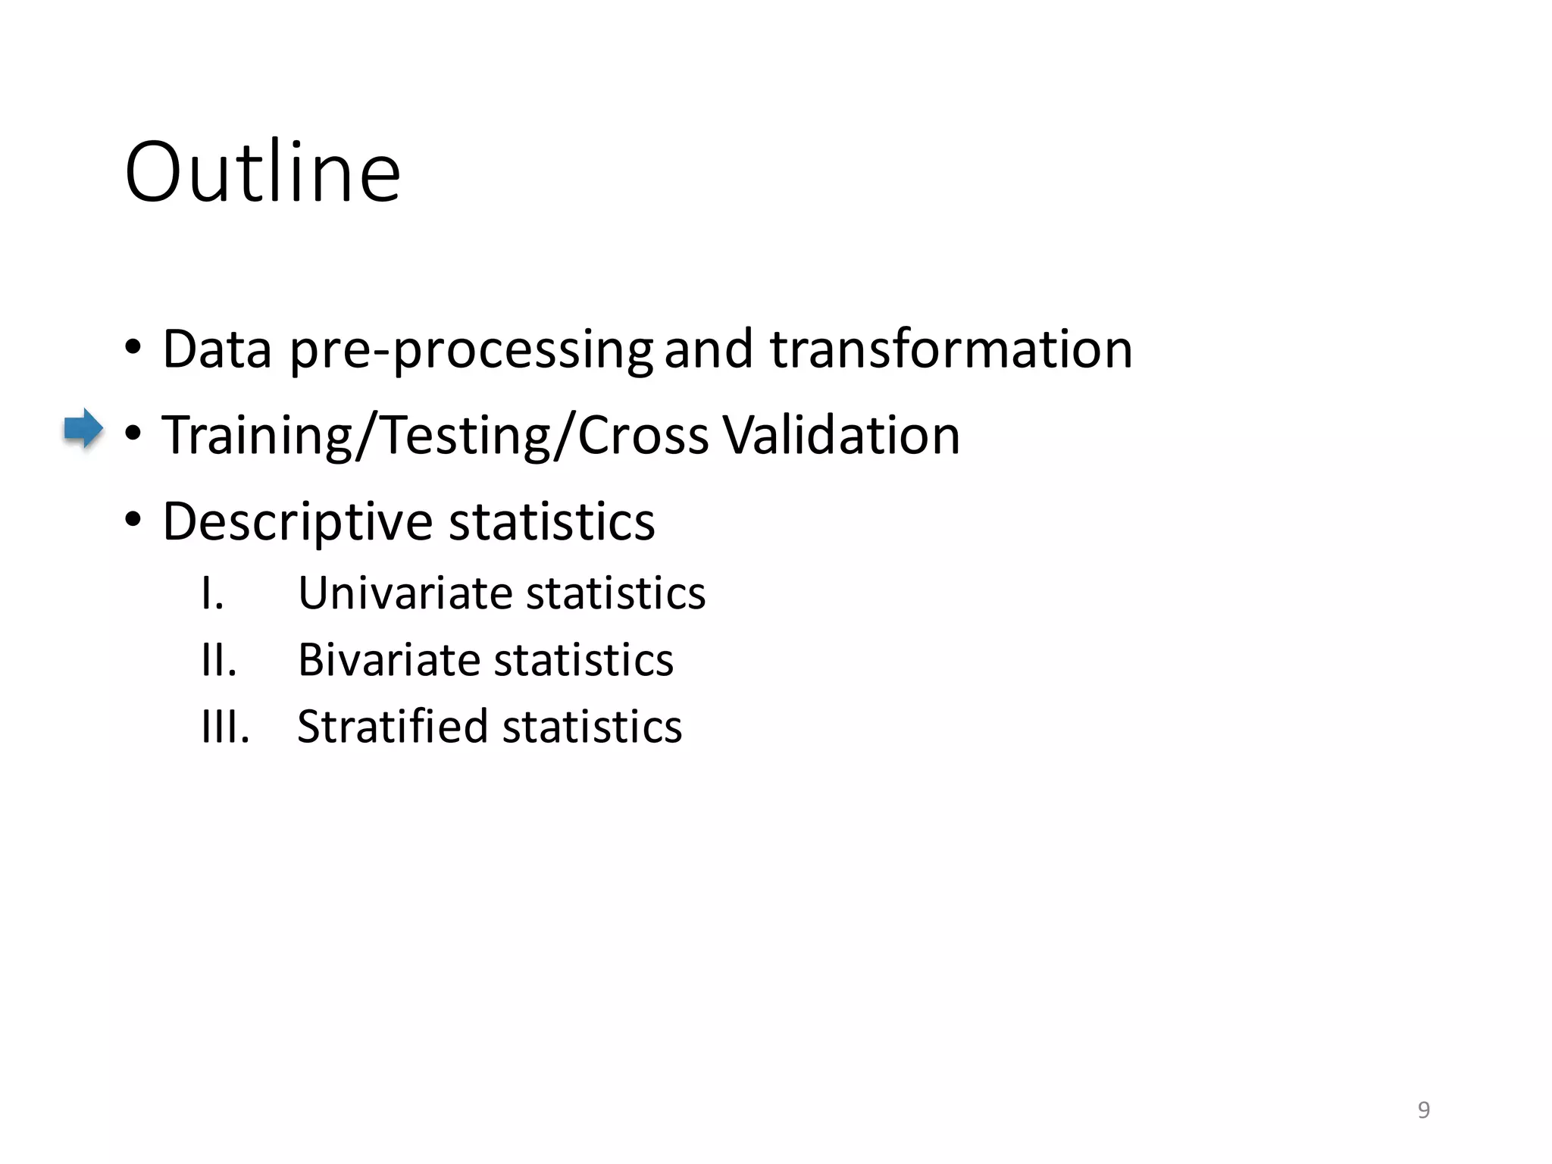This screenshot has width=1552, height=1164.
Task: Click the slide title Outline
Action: pos(262,173)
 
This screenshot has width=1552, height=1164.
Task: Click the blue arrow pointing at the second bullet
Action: pos(83,429)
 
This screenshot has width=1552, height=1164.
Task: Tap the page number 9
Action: pos(1423,1110)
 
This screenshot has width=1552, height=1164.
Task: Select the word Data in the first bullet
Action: pos(217,349)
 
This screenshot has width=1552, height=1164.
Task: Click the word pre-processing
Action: pos(471,351)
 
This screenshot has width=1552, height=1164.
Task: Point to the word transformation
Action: pos(951,349)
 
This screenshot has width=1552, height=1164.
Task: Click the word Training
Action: pos(257,436)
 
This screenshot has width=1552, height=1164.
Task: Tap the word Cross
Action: pos(643,436)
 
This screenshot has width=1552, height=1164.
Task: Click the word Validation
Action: pos(841,436)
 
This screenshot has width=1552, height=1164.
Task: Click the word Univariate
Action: pos(406,593)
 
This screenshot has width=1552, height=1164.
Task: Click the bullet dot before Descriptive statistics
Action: pos(133,521)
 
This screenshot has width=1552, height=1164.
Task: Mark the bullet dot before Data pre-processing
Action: pos(133,349)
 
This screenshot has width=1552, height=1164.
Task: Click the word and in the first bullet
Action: pos(708,349)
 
